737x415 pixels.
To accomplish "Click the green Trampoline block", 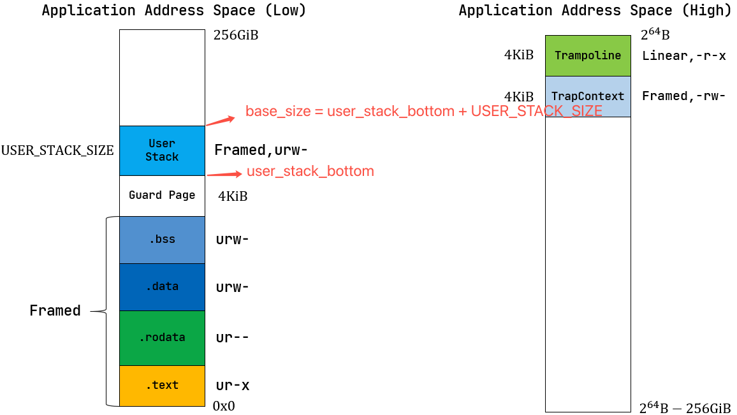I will [587, 55].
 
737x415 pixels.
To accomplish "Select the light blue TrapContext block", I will [587, 96].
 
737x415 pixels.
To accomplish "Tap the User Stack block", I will [162, 150].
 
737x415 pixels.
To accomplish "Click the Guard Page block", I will [162, 196].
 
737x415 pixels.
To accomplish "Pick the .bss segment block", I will [162, 240].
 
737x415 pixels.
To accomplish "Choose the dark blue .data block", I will [162, 287].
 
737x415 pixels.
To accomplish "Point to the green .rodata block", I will [162, 338].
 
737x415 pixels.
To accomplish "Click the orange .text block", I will [162, 386].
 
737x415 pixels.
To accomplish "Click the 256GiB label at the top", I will [236, 35].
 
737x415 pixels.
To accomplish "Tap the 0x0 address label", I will [224, 406].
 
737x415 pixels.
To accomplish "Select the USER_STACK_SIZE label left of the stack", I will [57, 151].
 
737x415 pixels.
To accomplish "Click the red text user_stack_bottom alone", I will [310, 171].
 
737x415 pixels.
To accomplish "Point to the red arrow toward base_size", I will [221, 120].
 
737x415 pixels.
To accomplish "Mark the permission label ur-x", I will [233, 386].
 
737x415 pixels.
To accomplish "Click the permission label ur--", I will [233, 338].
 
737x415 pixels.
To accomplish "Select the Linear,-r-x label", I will [683, 55].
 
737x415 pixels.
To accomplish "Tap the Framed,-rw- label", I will [683, 96].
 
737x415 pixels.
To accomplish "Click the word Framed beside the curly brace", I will [55, 311].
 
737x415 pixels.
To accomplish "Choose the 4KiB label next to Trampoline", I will [518, 55].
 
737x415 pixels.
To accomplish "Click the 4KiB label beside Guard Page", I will [233, 196].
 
